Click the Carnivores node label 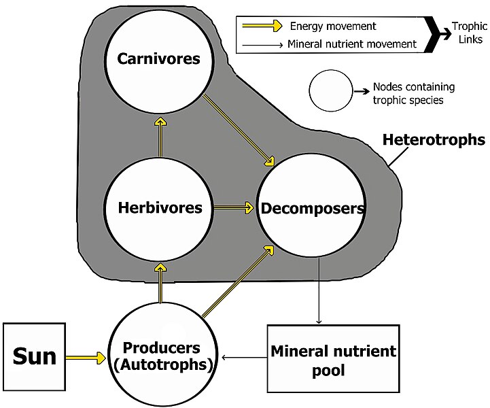click(x=158, y=58)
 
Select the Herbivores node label click(x=160, y=207)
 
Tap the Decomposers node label click(x=313, y=209)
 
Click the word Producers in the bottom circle click(x=161, y=347)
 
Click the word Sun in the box click(x=35, y=356)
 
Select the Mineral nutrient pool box click(x=334, y=358)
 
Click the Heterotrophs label click(x=434, y=140)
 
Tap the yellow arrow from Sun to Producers click(x=86, y=358)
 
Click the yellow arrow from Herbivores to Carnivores click(x=160, y=137)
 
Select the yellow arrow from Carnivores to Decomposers click(x=239, y=130)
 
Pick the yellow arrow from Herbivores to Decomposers click(x=234, y=207)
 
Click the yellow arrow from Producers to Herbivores click(x=160, y=283)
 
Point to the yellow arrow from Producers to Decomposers click(x=238, y=282)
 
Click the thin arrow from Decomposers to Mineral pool click(x=319, y=290)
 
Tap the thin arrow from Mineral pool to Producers click(x=245, y=358)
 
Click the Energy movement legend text click(x=333, y=27)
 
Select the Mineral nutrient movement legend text click(x=352, y=44)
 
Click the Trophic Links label click(x=470, y=33)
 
